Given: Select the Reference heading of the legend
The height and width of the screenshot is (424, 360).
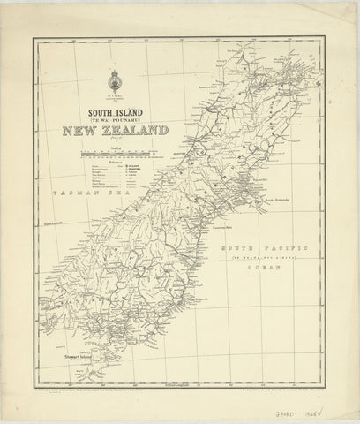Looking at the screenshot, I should (x=114, y=163).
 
